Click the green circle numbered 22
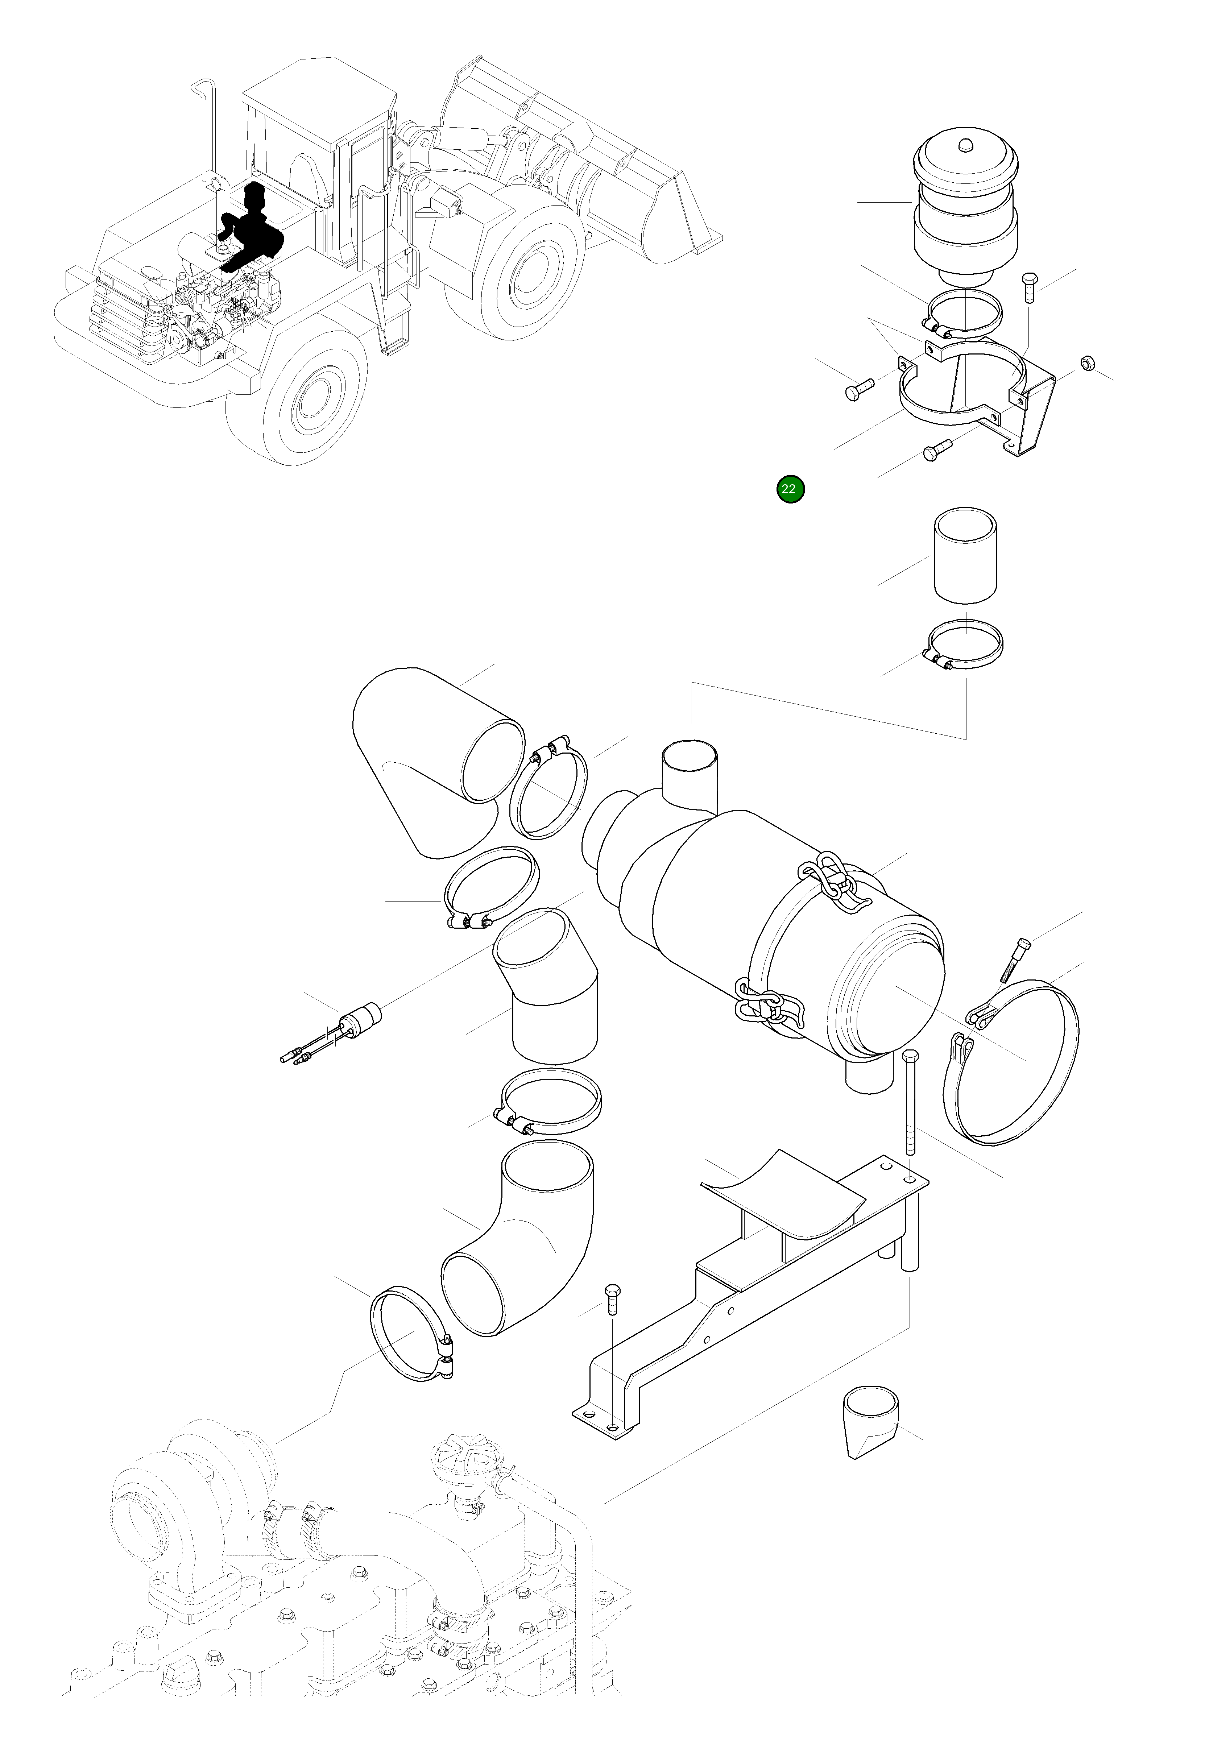pyautogui.click(x=789, y=488)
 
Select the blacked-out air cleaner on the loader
pyautogui.click(x=250, y=227)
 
